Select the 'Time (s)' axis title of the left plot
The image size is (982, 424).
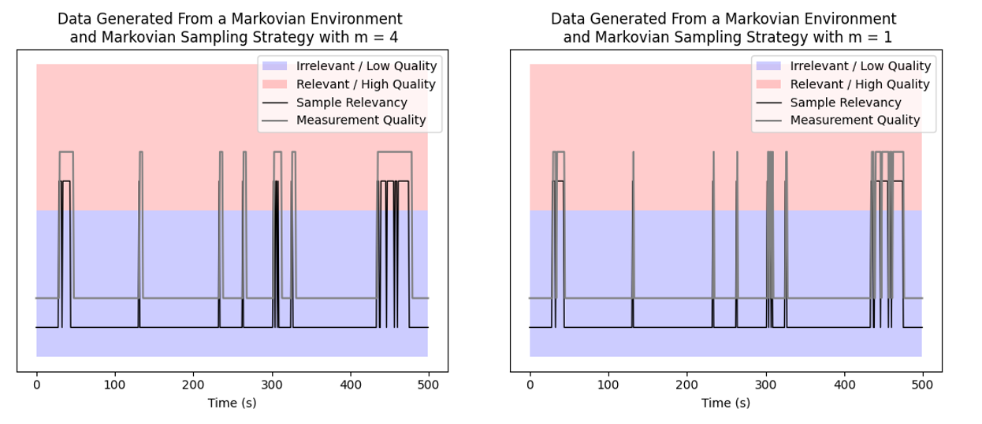pyautogui.click(x=232, y=403)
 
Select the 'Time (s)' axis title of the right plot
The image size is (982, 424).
pyautogui.click(x=726, y=403)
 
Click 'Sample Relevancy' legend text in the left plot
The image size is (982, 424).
pyautogui.click(x=352, y=102)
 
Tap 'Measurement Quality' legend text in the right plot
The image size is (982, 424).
pyautogui.click(x=855, y=121)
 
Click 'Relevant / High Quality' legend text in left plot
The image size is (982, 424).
pyautogui.click(x=366, y=84)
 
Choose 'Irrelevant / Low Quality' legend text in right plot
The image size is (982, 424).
pyautogui.click(x=861, y=66)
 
